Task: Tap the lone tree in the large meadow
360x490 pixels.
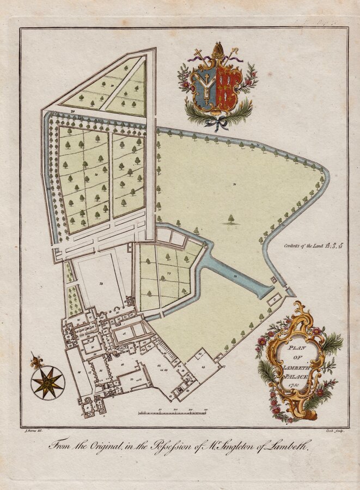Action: pos(231,219)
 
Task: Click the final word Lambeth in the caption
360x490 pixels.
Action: pos(289,445)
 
